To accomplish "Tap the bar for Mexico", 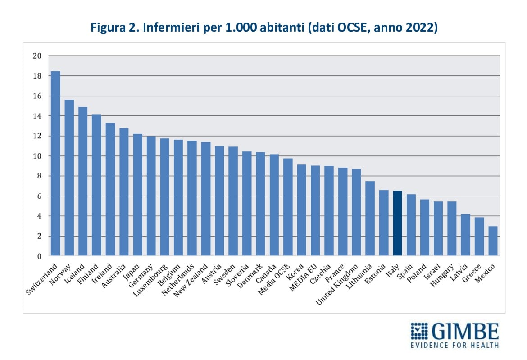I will [493, 241].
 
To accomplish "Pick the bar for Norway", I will [69, 178].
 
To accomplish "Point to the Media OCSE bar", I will [288, 207].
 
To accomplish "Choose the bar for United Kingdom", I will [356, 212].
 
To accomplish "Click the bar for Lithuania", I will [370, 219].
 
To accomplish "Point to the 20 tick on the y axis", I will [37, 56].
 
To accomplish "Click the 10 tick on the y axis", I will [37, 156].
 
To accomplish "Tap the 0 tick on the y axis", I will [39, 256].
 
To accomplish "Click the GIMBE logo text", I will [465, 332].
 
